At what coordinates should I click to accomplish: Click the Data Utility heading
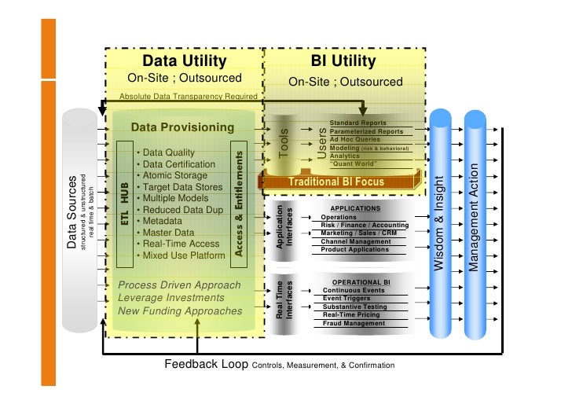[184, 61]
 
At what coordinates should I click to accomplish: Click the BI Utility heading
[343, 61]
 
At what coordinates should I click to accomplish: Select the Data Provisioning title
[182, 127]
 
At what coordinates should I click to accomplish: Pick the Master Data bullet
[166, 233]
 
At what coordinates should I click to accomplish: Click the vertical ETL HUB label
[123, 207]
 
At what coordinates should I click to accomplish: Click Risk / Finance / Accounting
[365, 225]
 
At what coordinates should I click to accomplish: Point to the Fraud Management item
[354, 323]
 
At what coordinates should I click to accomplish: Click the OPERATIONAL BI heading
[362, 281]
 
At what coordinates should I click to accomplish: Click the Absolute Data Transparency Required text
[188, 97]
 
